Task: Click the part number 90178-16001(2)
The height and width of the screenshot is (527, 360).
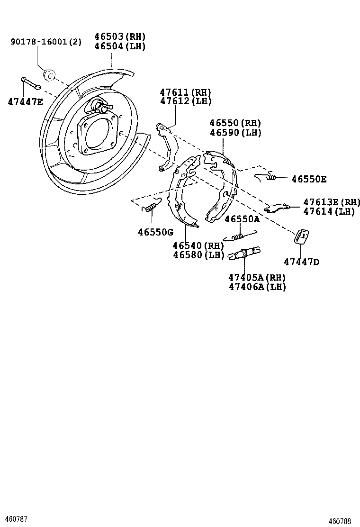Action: click(46, 42)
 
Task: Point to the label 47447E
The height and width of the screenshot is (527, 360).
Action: click(25, 101)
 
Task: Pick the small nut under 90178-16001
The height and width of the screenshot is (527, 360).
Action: click(49, 74)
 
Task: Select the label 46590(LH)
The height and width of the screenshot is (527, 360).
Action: click(235, 133)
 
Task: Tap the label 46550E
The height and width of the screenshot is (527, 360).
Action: click(308, 179)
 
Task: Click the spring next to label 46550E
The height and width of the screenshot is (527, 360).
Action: click(266, 177)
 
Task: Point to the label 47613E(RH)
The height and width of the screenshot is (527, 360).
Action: click(331, 202)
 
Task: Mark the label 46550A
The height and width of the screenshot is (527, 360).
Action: click(242, 219)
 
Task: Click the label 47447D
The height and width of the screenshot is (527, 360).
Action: click(302, 261)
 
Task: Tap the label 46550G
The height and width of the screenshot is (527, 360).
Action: click(155, 232)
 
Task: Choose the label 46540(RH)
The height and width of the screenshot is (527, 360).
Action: click(198, 245)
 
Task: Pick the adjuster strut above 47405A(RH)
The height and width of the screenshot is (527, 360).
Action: click(244, 254)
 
